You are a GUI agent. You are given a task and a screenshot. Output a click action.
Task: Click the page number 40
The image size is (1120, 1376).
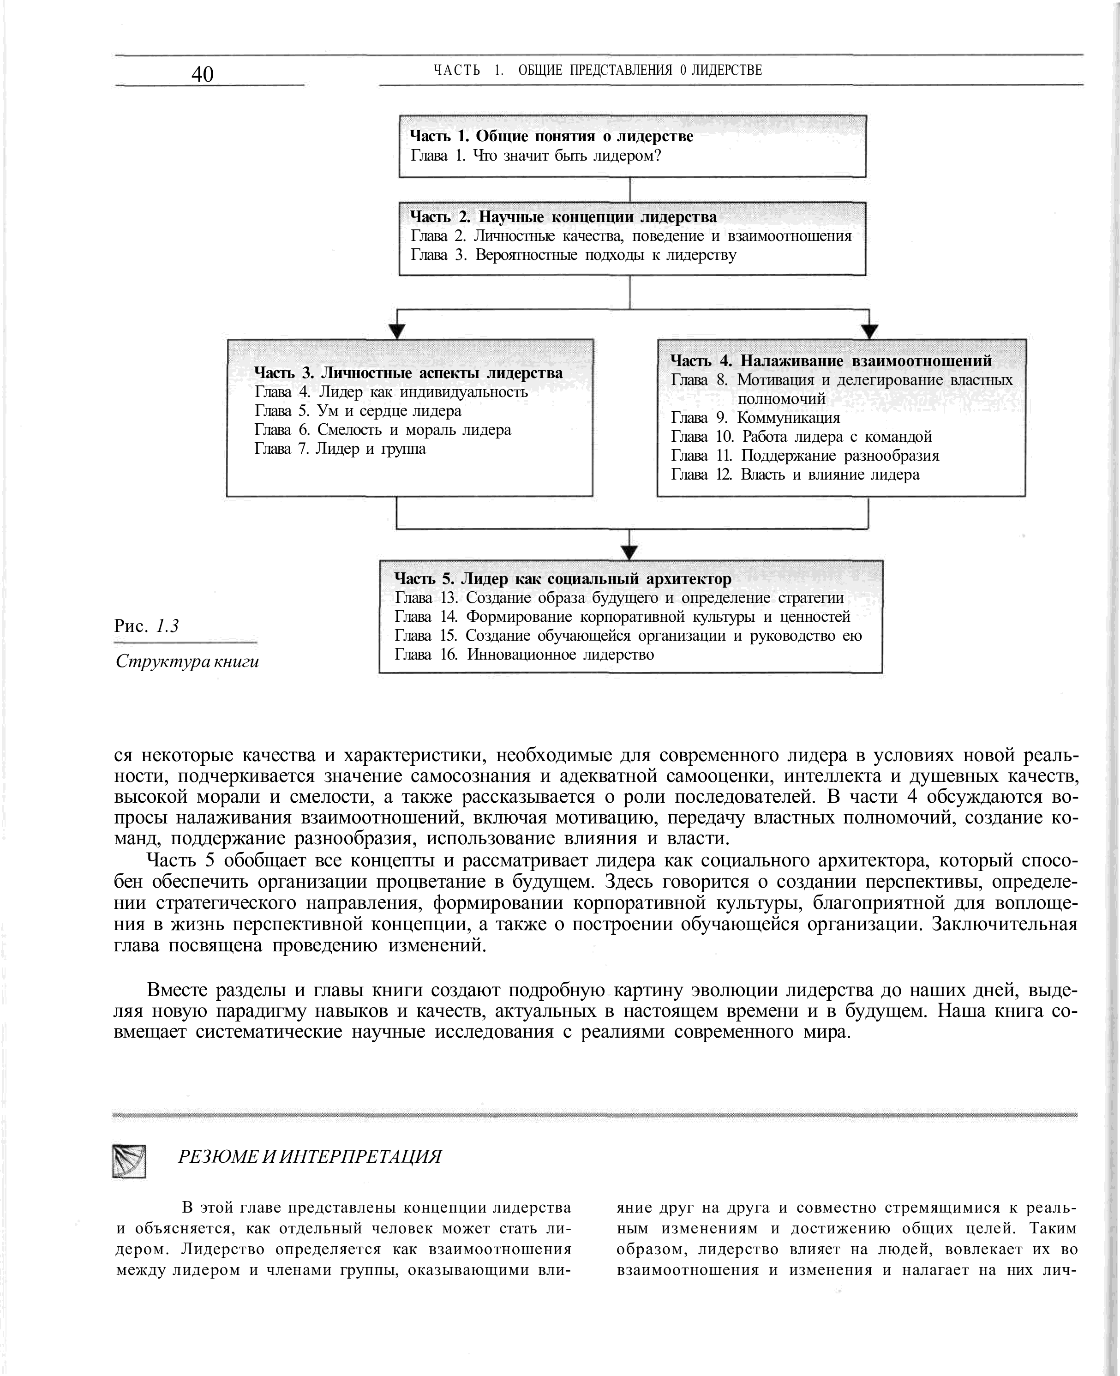click(x=202, y=74)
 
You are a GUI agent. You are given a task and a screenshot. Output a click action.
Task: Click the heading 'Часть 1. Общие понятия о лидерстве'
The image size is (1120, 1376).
click(x=551, y=136)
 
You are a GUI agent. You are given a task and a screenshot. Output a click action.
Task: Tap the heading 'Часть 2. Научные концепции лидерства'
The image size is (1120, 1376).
click(x=563, y=217)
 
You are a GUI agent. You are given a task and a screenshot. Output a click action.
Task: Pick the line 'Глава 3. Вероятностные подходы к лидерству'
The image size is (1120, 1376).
click(x=574, y=255)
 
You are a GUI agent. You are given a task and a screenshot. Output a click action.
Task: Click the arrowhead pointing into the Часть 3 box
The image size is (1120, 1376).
click(x=397, y=331)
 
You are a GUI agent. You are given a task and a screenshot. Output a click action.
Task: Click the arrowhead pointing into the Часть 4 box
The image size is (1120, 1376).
click(x=870, y=331)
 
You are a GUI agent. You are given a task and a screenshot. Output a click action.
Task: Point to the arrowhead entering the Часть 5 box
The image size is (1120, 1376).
click(x=629, y=553)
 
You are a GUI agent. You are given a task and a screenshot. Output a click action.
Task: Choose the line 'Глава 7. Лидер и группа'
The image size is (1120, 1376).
click(x=340, y=449)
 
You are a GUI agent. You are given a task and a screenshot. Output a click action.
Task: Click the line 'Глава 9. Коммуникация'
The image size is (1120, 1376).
click(x=755, y=418)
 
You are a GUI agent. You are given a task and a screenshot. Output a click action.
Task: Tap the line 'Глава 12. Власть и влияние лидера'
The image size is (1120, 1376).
click(x=795, y=475)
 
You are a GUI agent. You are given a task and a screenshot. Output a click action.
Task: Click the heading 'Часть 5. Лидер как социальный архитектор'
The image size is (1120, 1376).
click(x=563, y=578)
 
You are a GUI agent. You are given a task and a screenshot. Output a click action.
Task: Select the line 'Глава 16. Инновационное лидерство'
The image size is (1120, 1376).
click(x=524, y=655)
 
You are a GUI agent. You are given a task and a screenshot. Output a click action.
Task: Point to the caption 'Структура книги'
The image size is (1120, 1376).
click(x=187, y=661)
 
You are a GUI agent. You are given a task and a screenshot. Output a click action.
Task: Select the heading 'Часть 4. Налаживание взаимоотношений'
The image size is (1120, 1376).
click(x=831, y=361)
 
